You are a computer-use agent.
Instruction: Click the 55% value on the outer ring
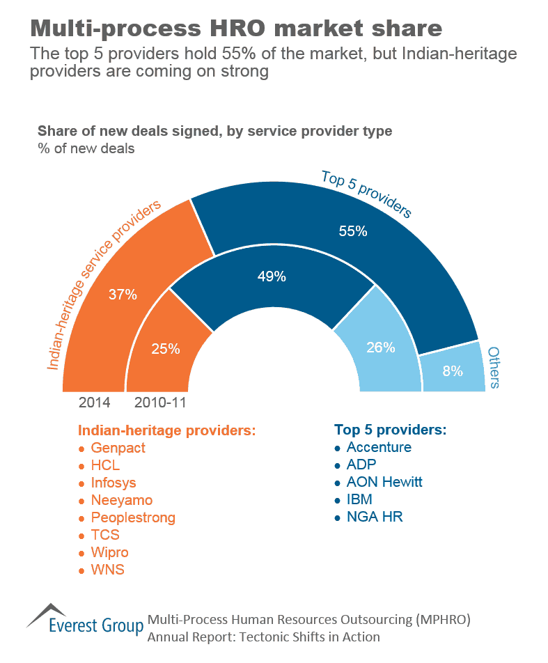pyautogui.click(x=353, y=232)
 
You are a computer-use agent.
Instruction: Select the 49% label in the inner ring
pyautogui.click(x=272, y=276)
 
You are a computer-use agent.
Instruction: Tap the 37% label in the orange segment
pyautogui.click(x=123, y=294)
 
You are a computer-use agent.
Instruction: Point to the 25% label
pyautogui.click(x=166, y=349)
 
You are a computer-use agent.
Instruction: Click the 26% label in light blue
pyautogui.click(x=381, y=347)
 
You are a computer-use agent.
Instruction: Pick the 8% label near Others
pyautogui.click(x=453, y=371)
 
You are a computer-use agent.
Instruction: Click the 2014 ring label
pyautogui.click(x=94, y=403)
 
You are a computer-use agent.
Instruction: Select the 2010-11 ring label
pyautogui.click(x=160, y=403)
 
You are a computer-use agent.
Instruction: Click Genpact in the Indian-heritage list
pyautogui.click(x=118, y=448)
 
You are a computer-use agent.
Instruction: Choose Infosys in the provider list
pyautogui.click(x=113, y=483)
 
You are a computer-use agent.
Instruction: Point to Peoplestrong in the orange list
pyautogui.click(x=133, y=517)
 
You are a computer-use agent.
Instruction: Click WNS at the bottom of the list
pyautogui.click(x=107, y=570)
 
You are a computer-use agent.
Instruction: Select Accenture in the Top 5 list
pyautogui.click(x=379, y=447)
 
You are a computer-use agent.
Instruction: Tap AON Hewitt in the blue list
pyautogui.click(x=384, y=482)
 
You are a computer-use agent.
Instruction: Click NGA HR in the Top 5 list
pyautogui.click(x=375, y=517)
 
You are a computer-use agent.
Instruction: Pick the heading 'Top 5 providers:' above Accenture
pyautogui.click(x=390, y=429)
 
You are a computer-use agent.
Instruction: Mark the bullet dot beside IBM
pyautogui.click(x=338, y=501)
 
